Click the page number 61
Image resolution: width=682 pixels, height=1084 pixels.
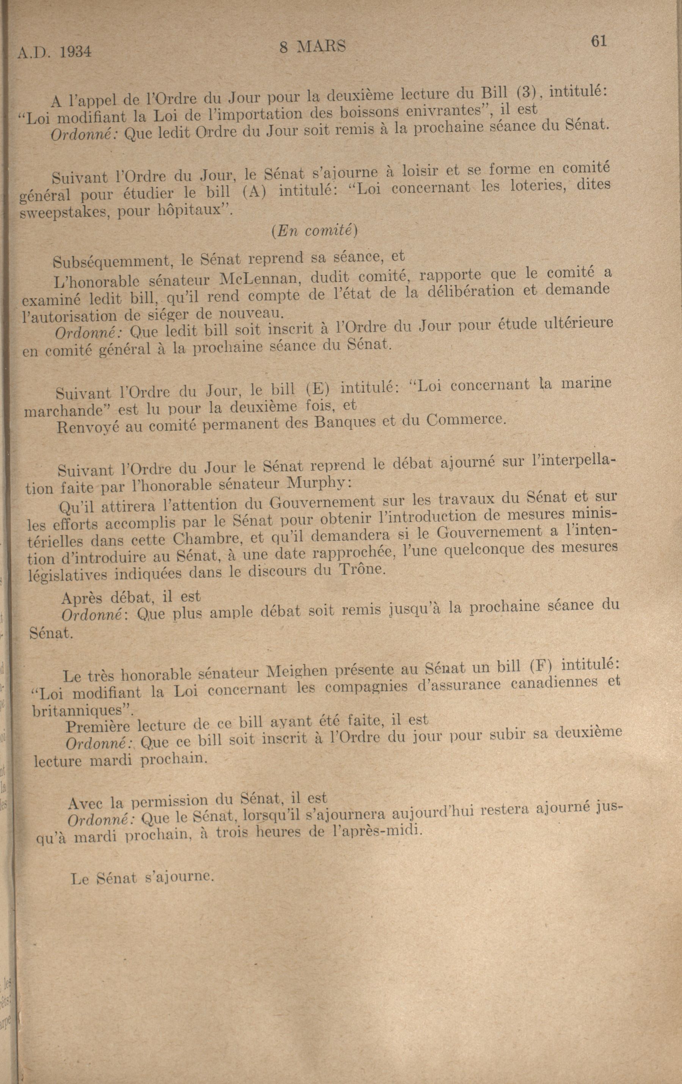pos(599,41)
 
